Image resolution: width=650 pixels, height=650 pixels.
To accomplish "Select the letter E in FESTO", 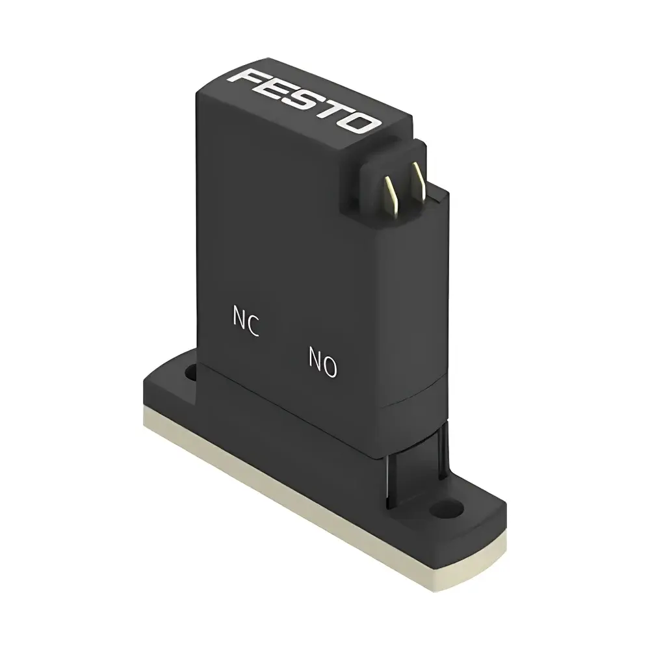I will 273,89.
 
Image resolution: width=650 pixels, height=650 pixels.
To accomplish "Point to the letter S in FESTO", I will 300,99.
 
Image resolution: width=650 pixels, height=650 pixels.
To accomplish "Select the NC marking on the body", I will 246,321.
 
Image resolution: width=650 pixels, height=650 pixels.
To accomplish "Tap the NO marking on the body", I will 322,363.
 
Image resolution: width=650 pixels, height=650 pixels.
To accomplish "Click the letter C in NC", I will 253,325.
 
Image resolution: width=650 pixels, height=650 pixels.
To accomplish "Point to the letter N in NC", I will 239,317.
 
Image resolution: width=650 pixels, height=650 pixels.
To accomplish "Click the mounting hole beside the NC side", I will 190,374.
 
